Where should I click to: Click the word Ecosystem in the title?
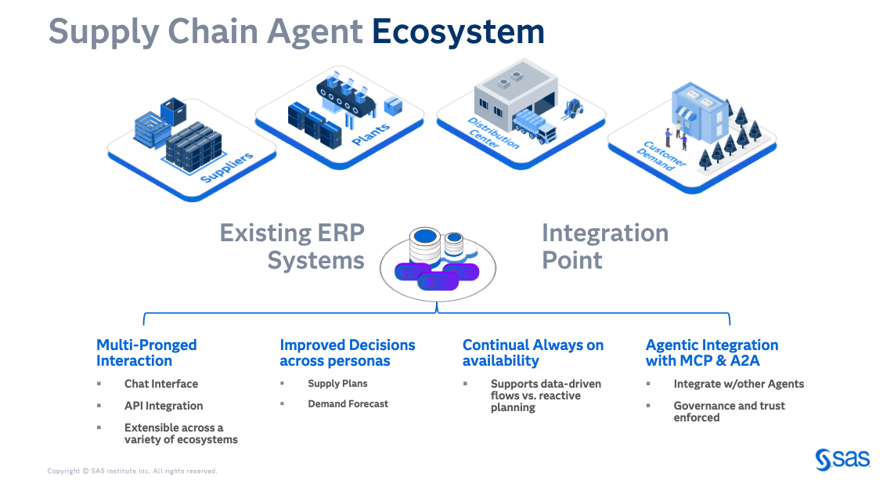tap(458, 31)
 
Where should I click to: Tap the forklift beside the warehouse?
tap(574, 108)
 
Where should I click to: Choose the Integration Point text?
tap(604, 246)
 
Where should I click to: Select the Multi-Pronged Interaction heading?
tap(146, 352)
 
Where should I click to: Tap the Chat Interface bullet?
tap(160, 384)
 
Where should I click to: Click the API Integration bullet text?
tap(163, 406)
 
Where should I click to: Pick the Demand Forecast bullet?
tap(348, 404)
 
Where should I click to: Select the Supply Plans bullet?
tap(337, 384)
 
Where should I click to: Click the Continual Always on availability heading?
tap(532, 352)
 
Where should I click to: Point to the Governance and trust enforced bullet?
tap(729, 411)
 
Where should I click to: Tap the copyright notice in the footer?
tap(132, 471)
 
